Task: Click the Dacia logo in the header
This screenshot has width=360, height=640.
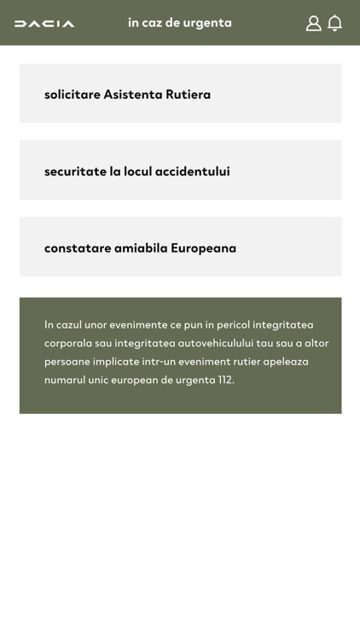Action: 44,24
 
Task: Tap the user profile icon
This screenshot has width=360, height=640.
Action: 313,23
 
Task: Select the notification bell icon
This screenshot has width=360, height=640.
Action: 335,23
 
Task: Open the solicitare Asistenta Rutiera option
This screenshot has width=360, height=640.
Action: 180,94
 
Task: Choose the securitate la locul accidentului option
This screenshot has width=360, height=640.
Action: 180,171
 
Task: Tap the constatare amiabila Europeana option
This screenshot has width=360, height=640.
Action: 180,247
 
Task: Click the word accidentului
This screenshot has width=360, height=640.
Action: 193,171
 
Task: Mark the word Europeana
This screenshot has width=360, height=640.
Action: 203,247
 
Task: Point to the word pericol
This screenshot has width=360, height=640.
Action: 239,324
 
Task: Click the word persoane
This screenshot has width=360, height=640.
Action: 67,361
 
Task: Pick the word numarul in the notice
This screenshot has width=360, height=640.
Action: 65,380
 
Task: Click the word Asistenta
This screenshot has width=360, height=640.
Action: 133,94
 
